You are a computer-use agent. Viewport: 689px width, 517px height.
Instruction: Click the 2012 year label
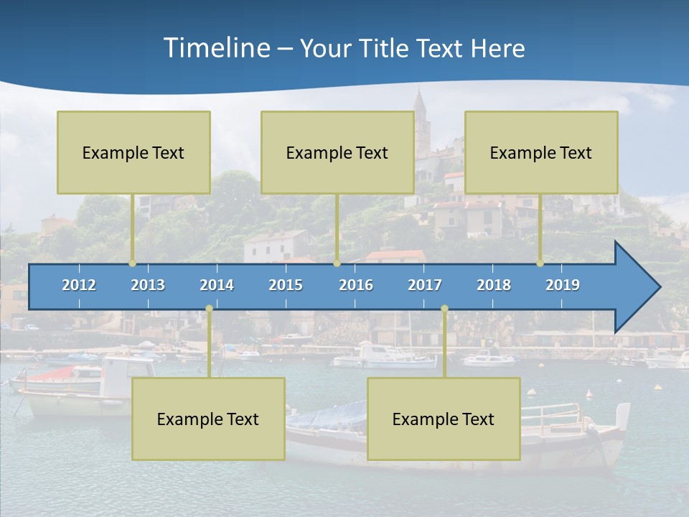[79, 285]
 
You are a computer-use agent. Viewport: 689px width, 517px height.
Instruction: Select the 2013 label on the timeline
[148, 285]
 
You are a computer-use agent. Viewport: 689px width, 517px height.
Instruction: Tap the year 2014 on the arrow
[217, 285]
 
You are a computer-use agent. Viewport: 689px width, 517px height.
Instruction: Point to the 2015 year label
[286, 285]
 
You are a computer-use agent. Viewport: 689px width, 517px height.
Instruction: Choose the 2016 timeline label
[356, 285]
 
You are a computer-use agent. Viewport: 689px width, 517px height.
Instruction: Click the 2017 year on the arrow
[425, 285]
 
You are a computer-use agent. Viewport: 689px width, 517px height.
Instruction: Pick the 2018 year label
[494, 285]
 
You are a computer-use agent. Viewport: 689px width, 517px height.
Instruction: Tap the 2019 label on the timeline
[563, 285]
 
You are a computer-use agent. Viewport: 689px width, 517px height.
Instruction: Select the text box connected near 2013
[133, 153]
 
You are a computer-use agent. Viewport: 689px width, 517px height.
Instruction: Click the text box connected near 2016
[337, 153]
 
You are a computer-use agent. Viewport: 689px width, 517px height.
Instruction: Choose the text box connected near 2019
[541, 153]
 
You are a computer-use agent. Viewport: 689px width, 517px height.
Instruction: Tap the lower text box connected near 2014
[208, 419]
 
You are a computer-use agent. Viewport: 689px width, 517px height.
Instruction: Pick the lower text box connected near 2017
[444, 419]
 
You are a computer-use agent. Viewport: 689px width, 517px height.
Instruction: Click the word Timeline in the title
[216, 48]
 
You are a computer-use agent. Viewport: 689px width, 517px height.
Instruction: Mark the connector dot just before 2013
[132, 264]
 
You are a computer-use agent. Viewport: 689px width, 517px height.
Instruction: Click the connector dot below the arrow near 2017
[444, 309]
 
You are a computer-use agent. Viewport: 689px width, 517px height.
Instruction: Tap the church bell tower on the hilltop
[420, 118]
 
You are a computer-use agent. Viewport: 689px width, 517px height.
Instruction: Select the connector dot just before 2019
[540, 264]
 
